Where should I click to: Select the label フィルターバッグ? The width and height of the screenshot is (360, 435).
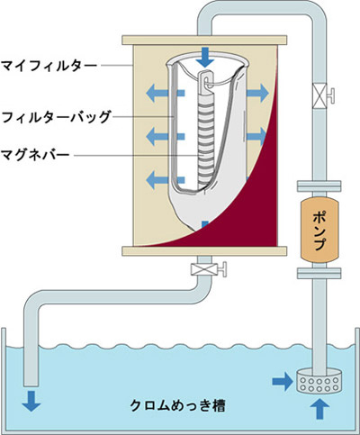[x=56, y=116]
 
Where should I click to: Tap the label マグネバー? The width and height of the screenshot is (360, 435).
[x=35, y=155]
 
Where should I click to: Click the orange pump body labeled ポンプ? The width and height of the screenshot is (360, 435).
[x=319, y=229]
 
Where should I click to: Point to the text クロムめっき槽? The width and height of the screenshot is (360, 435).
[x=177, y=405]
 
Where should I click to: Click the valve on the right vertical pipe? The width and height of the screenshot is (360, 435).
[x=322, y=95]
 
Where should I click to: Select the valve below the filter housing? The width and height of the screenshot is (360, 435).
[x=208, y=269]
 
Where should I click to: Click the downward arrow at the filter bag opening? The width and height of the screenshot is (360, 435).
[x=205, y=57]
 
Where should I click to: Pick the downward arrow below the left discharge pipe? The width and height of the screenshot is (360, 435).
[x=31, y=401]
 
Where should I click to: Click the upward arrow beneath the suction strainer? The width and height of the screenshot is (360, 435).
[x=320, y=408]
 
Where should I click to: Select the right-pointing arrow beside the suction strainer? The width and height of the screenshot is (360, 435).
[x=283, y=381]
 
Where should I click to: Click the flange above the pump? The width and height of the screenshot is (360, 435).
[x=319, y=186]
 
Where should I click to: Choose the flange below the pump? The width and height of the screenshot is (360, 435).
[x=319, y=273]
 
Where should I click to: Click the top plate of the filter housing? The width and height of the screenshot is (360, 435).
[x=204, y=41]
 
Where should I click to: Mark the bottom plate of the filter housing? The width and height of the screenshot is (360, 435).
[x=204, y=251]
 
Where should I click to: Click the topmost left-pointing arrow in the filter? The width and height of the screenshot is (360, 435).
[x=165, y=93]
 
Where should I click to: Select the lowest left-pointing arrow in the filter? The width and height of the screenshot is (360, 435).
[x=165, y=179]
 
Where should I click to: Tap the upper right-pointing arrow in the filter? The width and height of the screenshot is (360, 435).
[x=257, y=93]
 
